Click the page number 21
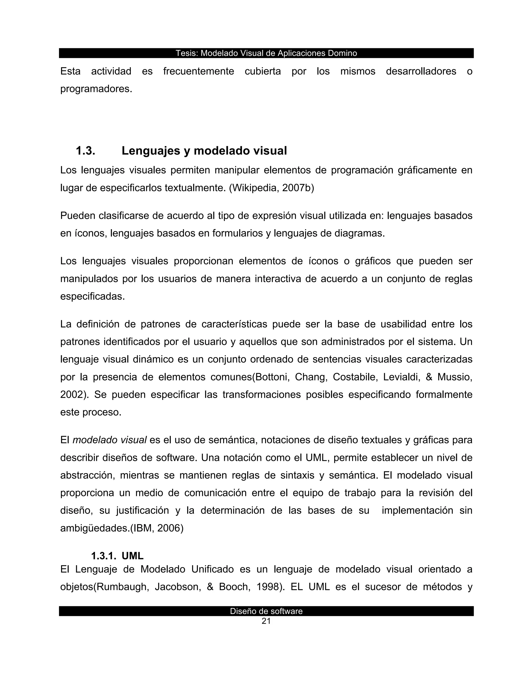pos(266,621)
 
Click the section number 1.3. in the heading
pos(85,151)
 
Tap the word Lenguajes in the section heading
pos(151,151)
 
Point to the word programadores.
pos(96,89)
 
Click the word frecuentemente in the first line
pos(198,71)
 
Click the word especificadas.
pos(93,297)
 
